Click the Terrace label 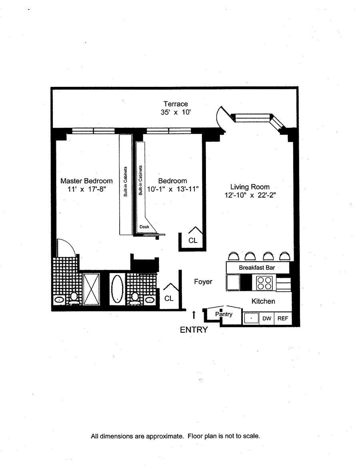click(x=175, y=104)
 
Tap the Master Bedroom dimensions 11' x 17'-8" click(x=86, y=190)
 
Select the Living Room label click(x=250, y=187)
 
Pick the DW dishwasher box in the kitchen click(x=266, y=319)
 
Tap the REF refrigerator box click(x=282, y=319)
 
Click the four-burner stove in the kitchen click(x=264, y=283)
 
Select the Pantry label click(x=224, y=314)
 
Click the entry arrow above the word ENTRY click(x=194, y=315)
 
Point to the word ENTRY click(x=194, y=330)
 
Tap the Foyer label click(x=203, y=282)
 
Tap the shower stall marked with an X click(x=91, y=288)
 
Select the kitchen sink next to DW click(x=251, y=319)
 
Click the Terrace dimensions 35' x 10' click(x=175, y=112)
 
